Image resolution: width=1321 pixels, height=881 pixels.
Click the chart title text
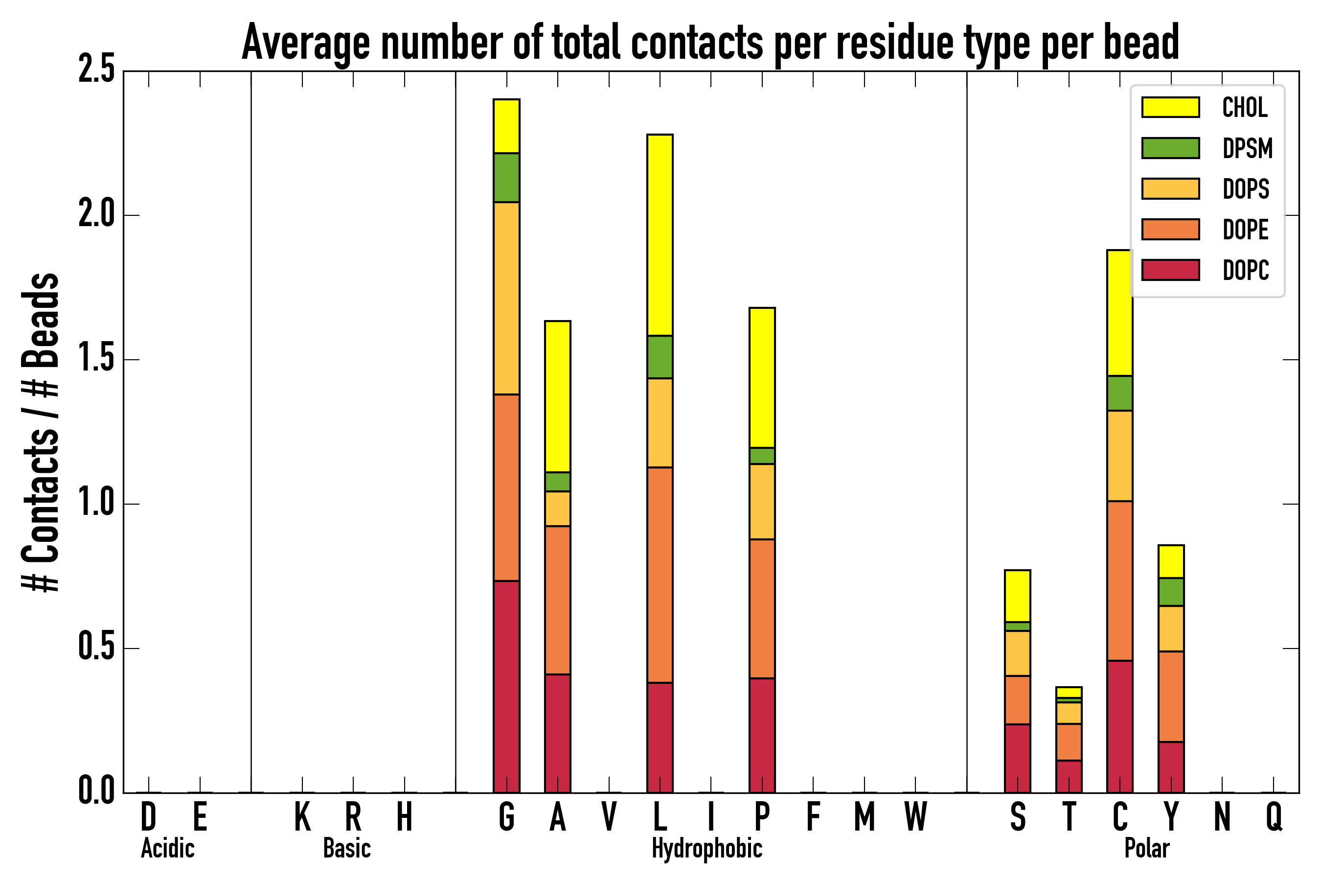click(x=710, y=42)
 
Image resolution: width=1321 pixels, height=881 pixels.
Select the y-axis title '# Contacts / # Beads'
click(x=41, y=433)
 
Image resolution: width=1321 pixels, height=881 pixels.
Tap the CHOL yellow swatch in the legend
click(x=1170, y=107)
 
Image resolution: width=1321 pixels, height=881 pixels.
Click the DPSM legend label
click(x=1248, y=148)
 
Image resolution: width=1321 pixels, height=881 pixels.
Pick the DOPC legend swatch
click(x=1170, y=270)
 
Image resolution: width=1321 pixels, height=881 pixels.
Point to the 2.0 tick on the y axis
click(x=96, y=215)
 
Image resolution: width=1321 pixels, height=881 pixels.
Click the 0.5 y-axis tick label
click(x=96, y=648)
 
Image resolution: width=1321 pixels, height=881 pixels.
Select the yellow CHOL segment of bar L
click(x=660, y=235)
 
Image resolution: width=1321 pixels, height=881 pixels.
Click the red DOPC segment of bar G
click(x=506, y=687)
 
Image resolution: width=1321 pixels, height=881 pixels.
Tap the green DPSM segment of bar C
click(x=1119, y=394)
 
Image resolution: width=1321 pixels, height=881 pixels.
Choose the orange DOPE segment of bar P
click(x=762, y=608)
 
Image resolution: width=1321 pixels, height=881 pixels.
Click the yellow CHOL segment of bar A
click(x=558, y=396)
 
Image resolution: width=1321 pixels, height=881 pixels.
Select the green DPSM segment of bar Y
click(x=1171, y=592)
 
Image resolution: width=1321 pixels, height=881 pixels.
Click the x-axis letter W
click(x=915, y=817)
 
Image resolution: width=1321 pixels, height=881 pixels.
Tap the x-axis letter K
click(x=302, y=817)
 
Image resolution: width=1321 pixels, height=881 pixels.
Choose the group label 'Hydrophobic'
click(x=707, y=848)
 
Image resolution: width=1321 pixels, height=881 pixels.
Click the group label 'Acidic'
click(x=167, y=848)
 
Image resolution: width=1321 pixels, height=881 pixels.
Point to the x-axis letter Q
click(x=1274, y=817)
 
